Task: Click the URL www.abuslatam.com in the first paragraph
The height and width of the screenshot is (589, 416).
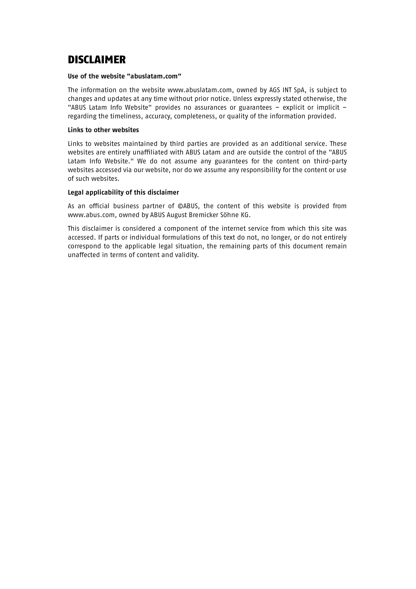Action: tap(200, 90)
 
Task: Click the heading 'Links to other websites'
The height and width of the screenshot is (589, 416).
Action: tap(103, 130)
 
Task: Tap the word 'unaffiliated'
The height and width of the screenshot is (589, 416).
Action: tap(150, 152)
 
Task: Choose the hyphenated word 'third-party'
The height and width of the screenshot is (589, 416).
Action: tap(330, 161)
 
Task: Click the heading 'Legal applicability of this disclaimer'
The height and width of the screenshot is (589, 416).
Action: tap(123, 192)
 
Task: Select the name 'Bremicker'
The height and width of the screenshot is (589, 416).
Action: tap(203, 215)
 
